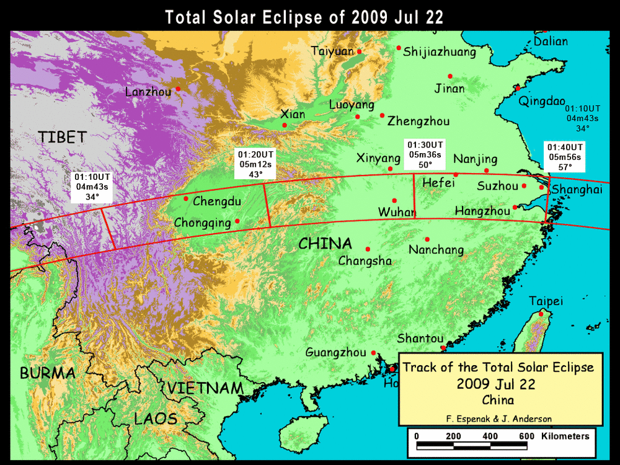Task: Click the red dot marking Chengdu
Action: pyautogui.click(x=186, y=198)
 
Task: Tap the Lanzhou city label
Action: pyautogui.click(x=148, y=92)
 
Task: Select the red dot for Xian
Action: pyautogui.click(x=285, y=125)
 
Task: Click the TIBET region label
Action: pyautogui.click(x=62, y=137)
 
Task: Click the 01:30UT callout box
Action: pyautogui.click(x=425, y=154)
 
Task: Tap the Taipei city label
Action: pyautogui.click(x=546, y=301)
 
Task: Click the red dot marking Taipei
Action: pyautogui.click(x=541, y=314)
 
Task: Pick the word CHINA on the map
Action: pyautogui.click(x=325, y=244)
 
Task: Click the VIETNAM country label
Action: pyautogui.click(x=205, y=389)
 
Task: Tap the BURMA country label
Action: pyautogui.click(x=48, y=373)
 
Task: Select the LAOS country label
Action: pyautogui.click(x=156, y=418)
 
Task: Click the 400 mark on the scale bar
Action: pyautogui.click(x=490, y=436)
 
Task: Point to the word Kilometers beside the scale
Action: pyautogui.click(x=565, y=436)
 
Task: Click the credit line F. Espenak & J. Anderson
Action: pyautogui.click(x=498, y=418)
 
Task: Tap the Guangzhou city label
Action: pyautogui.click(x=335, y=353)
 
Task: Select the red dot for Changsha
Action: pyautogui.click(x=368, y=249)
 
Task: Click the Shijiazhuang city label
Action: pyautogui.click(x=440, y=52)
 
